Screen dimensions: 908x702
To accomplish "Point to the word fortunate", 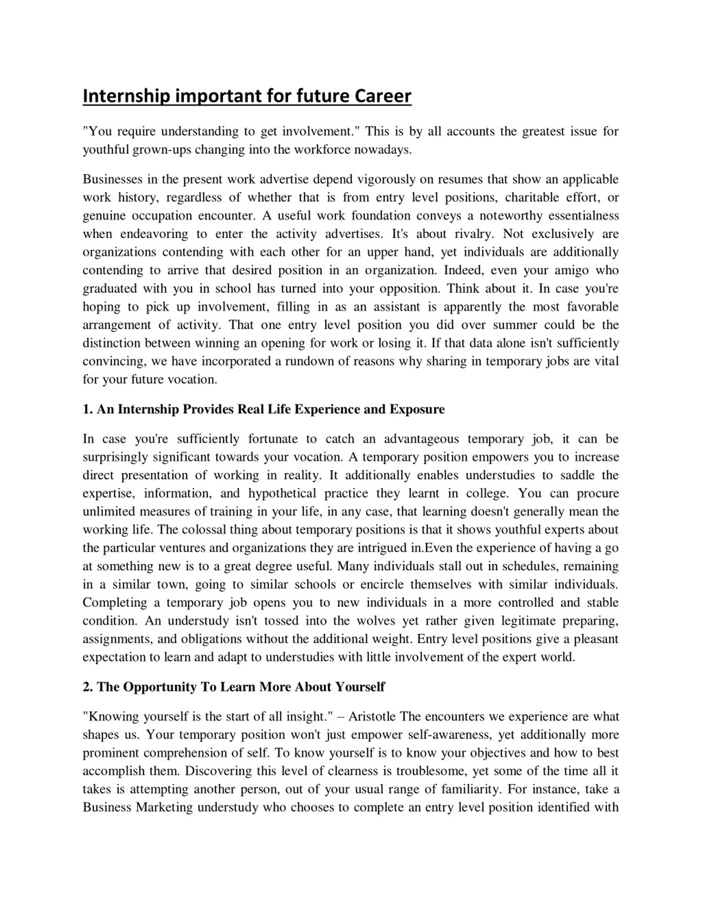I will (x=273, y=439).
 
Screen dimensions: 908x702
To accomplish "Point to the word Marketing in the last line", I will (x=165, y=807).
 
